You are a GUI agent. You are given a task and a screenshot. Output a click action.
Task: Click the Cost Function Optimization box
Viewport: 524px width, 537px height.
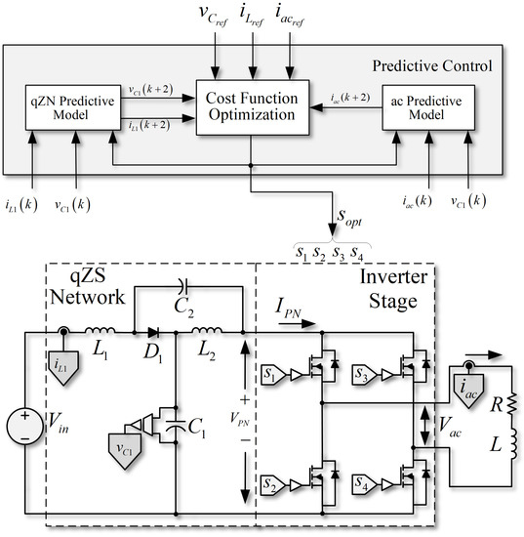[x=253, y=104]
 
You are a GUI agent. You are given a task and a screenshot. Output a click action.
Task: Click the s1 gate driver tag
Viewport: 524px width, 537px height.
[x=273, y=376]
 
